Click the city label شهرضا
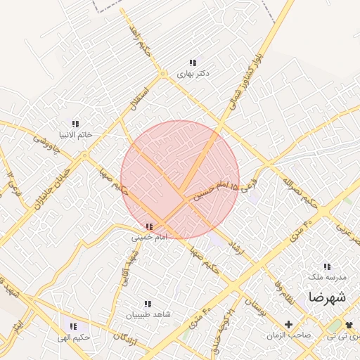coord(327,297)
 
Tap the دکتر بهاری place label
coord(193,73)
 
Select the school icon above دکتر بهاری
coord(193,63)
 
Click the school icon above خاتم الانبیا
coord(76,124)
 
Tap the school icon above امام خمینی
coord(149,227)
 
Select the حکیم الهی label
coord(75,337)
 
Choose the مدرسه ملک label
coord(328,277)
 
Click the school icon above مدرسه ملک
coord(327,266)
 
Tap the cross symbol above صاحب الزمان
coord(288,324)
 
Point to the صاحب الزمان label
coord(288,335)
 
